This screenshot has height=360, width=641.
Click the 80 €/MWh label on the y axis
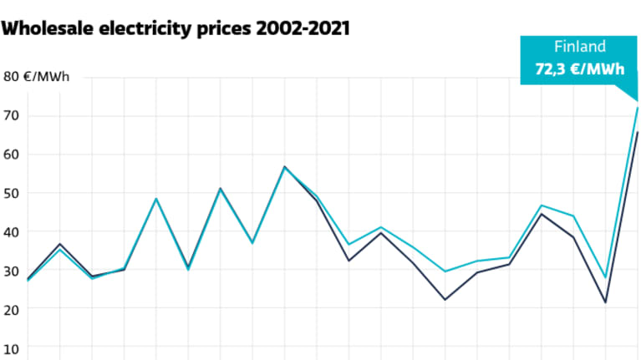pyautogui.click(x=37, y=77)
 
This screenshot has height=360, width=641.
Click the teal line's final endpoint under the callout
pyautogui.click(x=638, y=108)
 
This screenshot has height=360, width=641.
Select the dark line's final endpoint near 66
pyautogui.click(x=638, y=132)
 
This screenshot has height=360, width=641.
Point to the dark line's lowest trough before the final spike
pyautogui.click(x=605, y=302)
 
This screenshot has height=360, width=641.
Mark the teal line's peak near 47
pyautogui.click(x=542, y=205)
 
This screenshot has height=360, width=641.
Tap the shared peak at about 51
pyautogui.click(x=220, y=189)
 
